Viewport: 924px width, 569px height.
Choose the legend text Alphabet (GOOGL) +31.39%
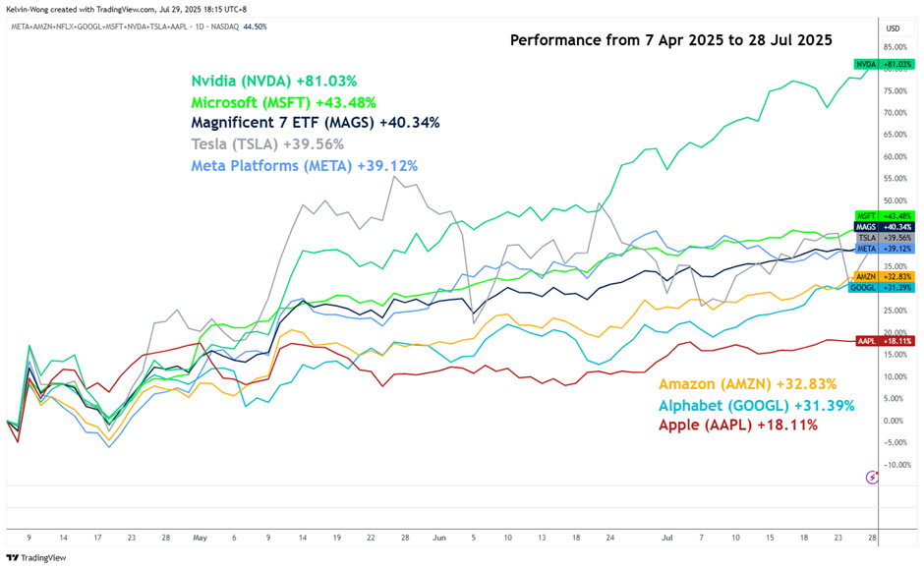756,405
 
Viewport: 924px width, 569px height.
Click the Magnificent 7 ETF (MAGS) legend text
315,123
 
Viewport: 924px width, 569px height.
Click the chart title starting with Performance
671,40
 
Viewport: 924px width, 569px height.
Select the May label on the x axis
201,538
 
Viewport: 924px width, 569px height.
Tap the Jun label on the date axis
438,538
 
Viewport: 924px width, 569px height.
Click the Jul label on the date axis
667,538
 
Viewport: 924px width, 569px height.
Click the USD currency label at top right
893,28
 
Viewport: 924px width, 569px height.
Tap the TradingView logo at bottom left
36,557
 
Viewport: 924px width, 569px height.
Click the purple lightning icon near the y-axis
872,478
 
